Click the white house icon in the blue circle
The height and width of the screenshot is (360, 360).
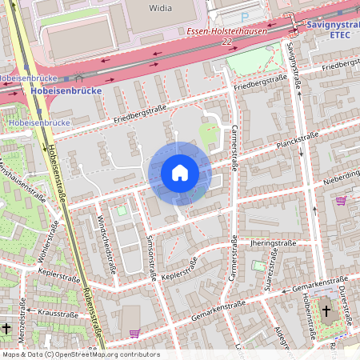click(x=179, y=172)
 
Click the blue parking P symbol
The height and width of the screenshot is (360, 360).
click(x=245, y=16)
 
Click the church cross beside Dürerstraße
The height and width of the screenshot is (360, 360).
click(x=326, y=311)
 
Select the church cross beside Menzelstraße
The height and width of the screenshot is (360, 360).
click(x=6, y=328)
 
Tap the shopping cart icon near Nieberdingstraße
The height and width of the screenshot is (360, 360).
click(x=342, y=200)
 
